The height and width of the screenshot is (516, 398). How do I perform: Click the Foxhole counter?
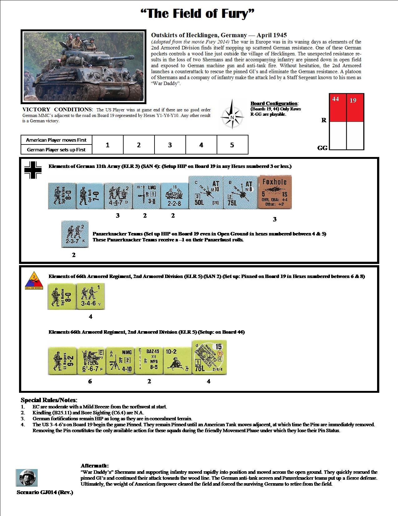tap(275, 192)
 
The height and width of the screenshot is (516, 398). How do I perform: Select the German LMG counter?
tap(146, 196)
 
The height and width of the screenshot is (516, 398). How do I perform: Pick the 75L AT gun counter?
tap(240, 192)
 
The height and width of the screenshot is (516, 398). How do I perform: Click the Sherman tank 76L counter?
tap(209, 357)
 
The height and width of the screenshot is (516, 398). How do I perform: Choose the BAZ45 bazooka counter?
tap(149, 361)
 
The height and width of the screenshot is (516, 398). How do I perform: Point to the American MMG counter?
tap(120, 361)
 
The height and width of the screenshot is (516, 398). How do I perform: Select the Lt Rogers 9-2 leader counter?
tap(62, 361)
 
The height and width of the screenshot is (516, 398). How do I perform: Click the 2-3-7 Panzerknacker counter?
tap(75, 234)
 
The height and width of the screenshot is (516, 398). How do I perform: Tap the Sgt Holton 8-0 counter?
tap(61, 296)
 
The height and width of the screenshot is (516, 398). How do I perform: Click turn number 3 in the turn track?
tap(170, 145)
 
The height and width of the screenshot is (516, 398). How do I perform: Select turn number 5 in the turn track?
tap(232, 145)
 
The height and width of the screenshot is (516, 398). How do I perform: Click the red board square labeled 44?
tap(338, 107)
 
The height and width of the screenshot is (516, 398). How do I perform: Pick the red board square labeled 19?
tap(355, 107)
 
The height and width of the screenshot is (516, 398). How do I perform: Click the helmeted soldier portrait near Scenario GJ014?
tap(27, 478)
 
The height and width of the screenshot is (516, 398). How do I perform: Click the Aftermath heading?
tap(95, 466)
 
